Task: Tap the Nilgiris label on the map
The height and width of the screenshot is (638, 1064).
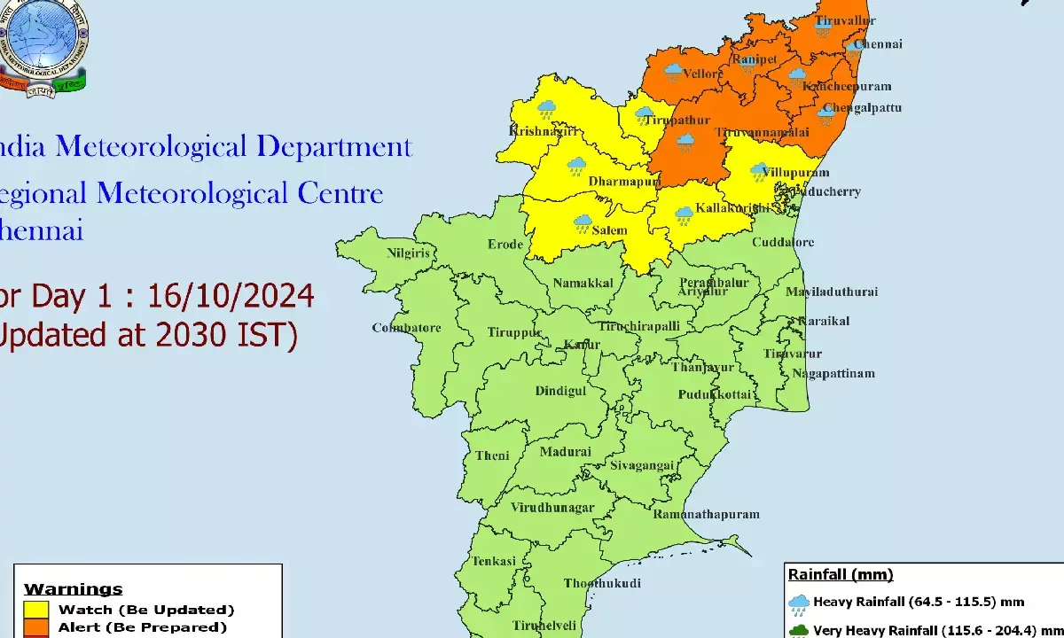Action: [x=408, y=253]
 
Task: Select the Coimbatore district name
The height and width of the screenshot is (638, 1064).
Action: [x=406, y=328]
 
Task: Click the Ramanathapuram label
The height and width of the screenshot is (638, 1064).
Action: [x=706, y=514]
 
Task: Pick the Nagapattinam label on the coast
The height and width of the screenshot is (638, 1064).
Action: [x=833, y=374]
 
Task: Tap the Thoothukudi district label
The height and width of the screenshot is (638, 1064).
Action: [x=602, y=583]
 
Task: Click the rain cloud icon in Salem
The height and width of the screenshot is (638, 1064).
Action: [x=583, y=223]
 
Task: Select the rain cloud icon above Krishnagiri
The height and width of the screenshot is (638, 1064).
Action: [x=547, y=110]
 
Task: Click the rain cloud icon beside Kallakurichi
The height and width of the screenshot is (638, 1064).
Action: [x=684, y=214]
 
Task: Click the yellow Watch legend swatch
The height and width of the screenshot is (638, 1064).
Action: [x=36, y=610]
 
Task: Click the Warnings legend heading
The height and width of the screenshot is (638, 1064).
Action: [x=73, y=589]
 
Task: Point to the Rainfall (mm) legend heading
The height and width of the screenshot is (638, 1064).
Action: [x=841, y=575]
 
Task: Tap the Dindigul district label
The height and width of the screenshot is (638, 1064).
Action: [x=560, y=391]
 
